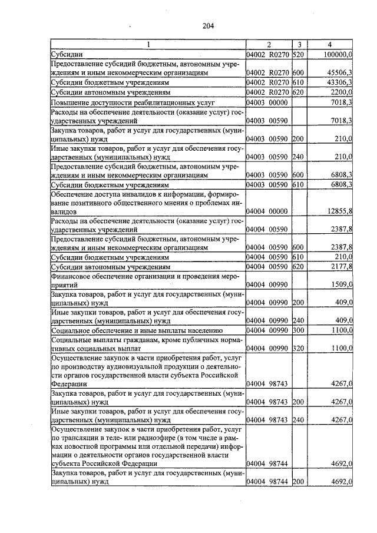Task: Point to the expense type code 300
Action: pos(297,330)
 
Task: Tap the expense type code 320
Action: pos(297,349)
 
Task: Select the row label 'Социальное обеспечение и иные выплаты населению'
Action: pos(136,330)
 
